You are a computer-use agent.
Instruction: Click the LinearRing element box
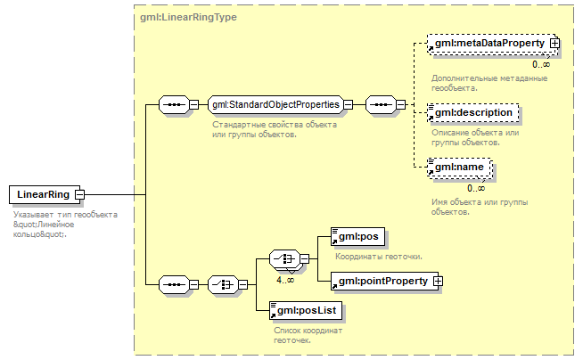click(45, 194)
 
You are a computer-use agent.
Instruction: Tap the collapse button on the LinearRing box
click(79, 194)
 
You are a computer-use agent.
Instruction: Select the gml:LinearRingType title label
click(188, 17)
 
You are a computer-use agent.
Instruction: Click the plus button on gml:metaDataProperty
click(554, 44)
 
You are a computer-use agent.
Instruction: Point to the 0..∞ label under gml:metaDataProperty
click(541, 64)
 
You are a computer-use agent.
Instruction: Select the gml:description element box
click(473, 113)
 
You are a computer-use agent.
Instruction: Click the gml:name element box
click(460, 168)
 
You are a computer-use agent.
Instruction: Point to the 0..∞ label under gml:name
click(476, 188)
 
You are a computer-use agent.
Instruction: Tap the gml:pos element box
click(357, 237)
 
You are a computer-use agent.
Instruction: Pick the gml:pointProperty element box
click(384, 282)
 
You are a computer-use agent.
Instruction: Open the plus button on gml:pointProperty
click(438, 282)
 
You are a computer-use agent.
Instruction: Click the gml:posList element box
click(306, 311)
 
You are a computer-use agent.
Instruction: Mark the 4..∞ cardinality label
click(285, 280)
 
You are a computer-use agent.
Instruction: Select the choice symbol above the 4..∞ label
click(284, 258)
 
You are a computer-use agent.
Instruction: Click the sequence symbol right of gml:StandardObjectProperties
click(382, 105)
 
